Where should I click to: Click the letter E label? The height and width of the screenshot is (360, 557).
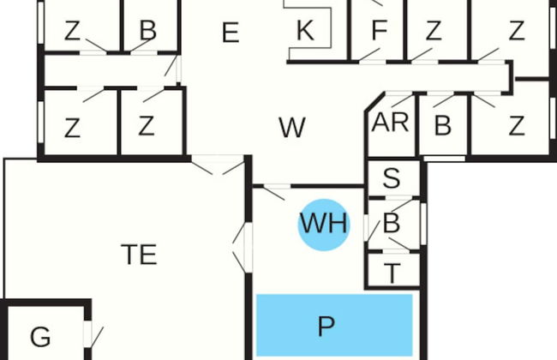[x=229, y=33]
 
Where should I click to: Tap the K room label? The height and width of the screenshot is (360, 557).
[x=304, y=32]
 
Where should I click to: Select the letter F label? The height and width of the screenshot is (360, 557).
[x=380, y=32]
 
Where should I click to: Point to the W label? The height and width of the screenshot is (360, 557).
[x=291, y=129]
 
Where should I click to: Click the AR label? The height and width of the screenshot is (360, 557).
[x=390, y=123]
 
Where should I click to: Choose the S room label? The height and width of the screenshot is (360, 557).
[x=392, y=179]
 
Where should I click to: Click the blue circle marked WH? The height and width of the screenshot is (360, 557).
[x=324, y=225]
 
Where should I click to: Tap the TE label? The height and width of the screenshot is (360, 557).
[x=139, y=255]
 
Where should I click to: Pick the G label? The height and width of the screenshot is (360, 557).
[x=40, y=337]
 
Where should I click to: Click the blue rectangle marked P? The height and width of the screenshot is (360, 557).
[x=334, y=326]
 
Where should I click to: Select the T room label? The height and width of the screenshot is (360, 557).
[x=392, y=274]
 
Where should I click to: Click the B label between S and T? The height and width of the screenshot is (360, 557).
[x=392, y=225]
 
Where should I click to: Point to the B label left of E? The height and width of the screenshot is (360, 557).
[x=148, y=32]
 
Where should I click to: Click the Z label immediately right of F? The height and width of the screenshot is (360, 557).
[x=434, y=32]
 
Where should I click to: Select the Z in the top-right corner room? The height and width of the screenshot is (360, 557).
[x=516, y=32]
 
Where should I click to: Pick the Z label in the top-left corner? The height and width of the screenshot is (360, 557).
[x=72, y=32]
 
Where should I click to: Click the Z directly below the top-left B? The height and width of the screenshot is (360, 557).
[x=147, y=127]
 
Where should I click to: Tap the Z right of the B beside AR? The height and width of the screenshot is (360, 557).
[x=516, y=127]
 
